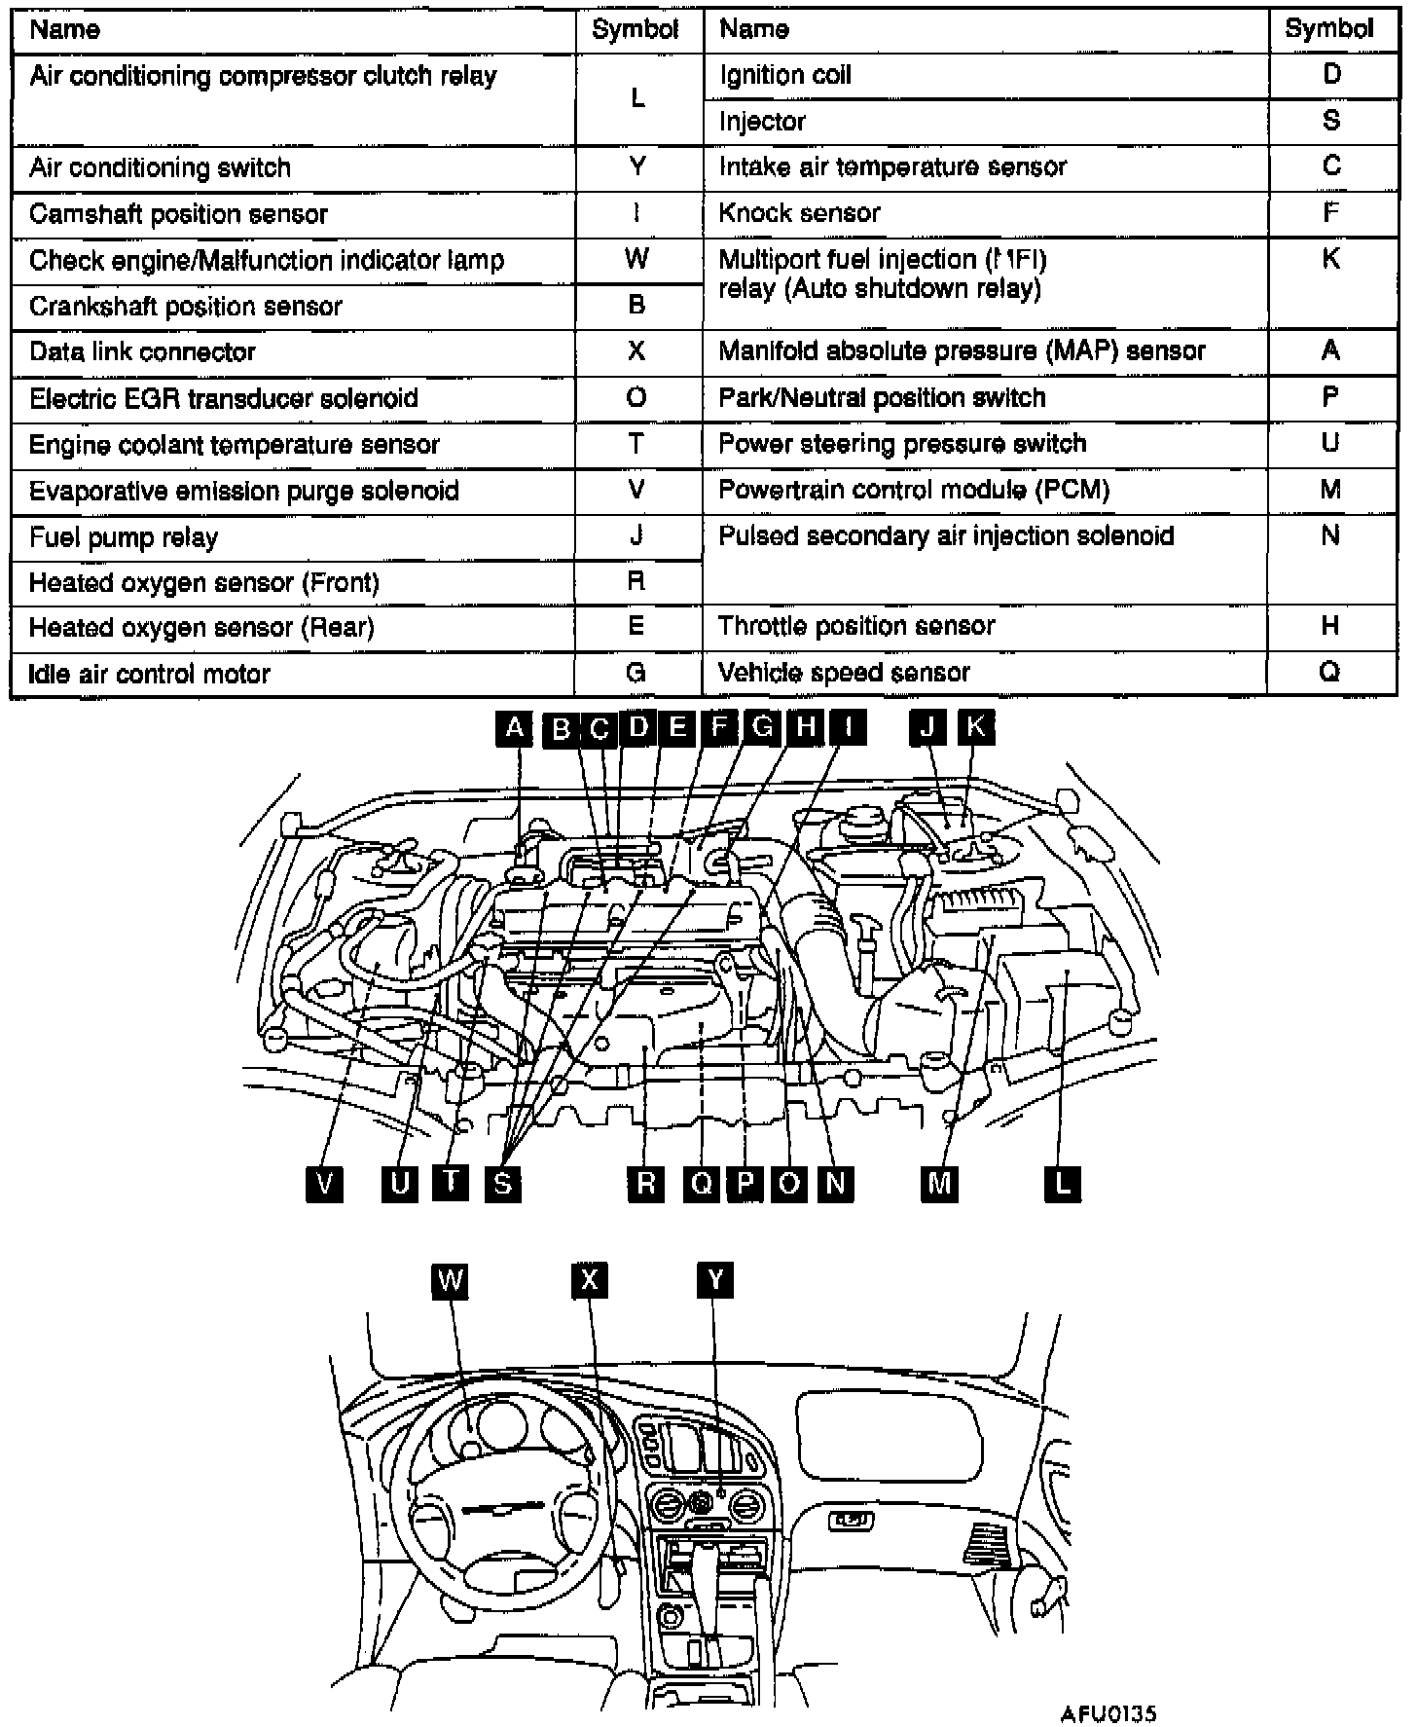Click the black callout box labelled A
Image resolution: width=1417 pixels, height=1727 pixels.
click(x=514, y=728)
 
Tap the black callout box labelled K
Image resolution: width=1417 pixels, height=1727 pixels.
click(x=975, y=727)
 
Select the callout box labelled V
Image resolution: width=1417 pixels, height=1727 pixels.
click(x=324, y=1184)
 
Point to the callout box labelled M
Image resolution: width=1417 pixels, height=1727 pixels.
click(x=939, y=1184)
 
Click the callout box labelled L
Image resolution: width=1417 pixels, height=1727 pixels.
click(x=1063, y=1184)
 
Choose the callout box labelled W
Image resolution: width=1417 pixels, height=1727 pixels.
click(x=450, y=1280)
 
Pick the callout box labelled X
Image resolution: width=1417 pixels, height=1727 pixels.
click(x=589, y=1280)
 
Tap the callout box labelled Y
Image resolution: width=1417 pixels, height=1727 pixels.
click(x=715, y=1280)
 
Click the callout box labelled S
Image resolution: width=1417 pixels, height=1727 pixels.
click(x=502, y=1184)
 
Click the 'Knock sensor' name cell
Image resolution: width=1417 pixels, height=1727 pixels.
click(x=799, y=213)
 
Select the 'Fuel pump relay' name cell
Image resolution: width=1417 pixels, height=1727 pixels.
click(x=124, y=537)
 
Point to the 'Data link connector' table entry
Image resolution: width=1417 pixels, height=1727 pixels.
click(x=142, y=351)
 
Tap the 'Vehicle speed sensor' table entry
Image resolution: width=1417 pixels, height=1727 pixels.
click(x=844, y=673)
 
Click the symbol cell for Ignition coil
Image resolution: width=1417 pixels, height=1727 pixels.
click(x=1331, y=75)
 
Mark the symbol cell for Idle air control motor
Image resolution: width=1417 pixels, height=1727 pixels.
click(x=636, y=673)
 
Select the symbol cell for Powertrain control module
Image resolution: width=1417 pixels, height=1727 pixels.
click(x=1330, y=490)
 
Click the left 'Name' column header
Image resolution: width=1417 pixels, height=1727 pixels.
click(x=64, y=29)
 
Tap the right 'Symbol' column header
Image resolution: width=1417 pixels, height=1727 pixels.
click(x=1328, y=29)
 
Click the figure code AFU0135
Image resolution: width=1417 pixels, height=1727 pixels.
click(x=1109, y=1713)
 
